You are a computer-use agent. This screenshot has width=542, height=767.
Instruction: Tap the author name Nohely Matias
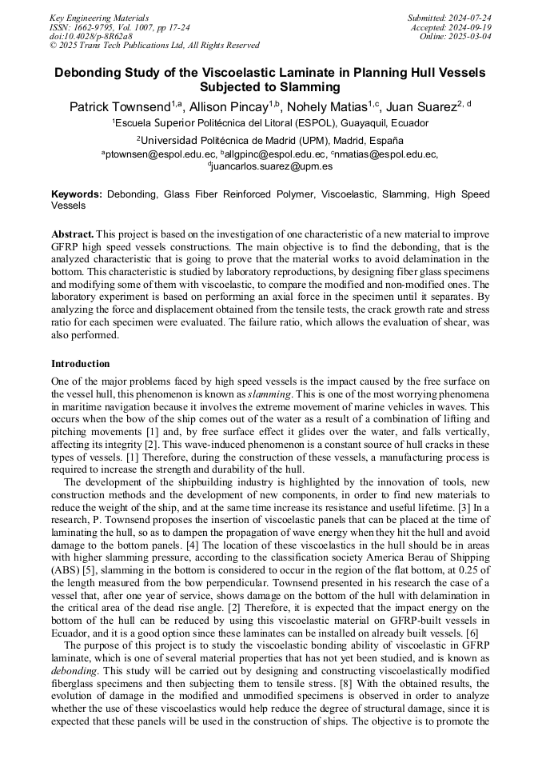click(327, 106)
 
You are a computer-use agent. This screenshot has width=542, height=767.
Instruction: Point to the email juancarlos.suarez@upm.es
click(272, 166)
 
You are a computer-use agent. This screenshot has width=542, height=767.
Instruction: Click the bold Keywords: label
click(77, 194)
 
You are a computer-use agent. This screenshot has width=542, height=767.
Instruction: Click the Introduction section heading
click(81, 364)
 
